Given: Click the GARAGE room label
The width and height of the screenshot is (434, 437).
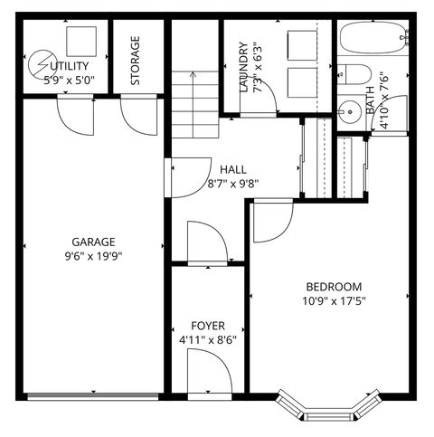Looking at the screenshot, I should tap(94, 242).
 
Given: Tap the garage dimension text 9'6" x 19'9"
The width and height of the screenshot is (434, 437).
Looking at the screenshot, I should tap(94, 255).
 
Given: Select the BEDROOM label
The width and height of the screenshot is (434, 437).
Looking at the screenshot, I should tap(333, 287).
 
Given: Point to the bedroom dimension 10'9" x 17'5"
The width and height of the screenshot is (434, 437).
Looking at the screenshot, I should tap(333, 300).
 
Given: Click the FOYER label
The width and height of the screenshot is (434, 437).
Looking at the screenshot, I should tap(208, 326).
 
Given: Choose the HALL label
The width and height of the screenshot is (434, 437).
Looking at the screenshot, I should tap(233, 168).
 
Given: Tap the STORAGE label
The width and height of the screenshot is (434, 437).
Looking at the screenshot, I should tap(135, 60).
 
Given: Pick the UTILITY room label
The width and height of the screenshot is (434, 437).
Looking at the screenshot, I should tap(70, 66).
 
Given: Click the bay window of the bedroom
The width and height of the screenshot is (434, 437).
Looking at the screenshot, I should tap(327, 409).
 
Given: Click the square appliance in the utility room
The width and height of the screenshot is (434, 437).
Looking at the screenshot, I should tap(80, 40).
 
